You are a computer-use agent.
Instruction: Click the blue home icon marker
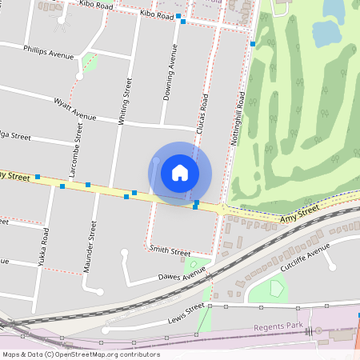180,172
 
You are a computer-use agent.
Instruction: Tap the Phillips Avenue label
49,52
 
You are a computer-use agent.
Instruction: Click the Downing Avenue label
169,73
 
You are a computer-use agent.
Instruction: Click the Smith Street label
170,250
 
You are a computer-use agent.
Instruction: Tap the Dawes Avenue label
182,278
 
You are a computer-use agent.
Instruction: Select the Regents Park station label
275,327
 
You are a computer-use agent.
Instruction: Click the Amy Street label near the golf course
299,213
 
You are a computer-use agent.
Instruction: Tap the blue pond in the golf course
326,33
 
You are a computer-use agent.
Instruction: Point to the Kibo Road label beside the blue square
156,14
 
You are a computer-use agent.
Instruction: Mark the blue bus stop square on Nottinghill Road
253,43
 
